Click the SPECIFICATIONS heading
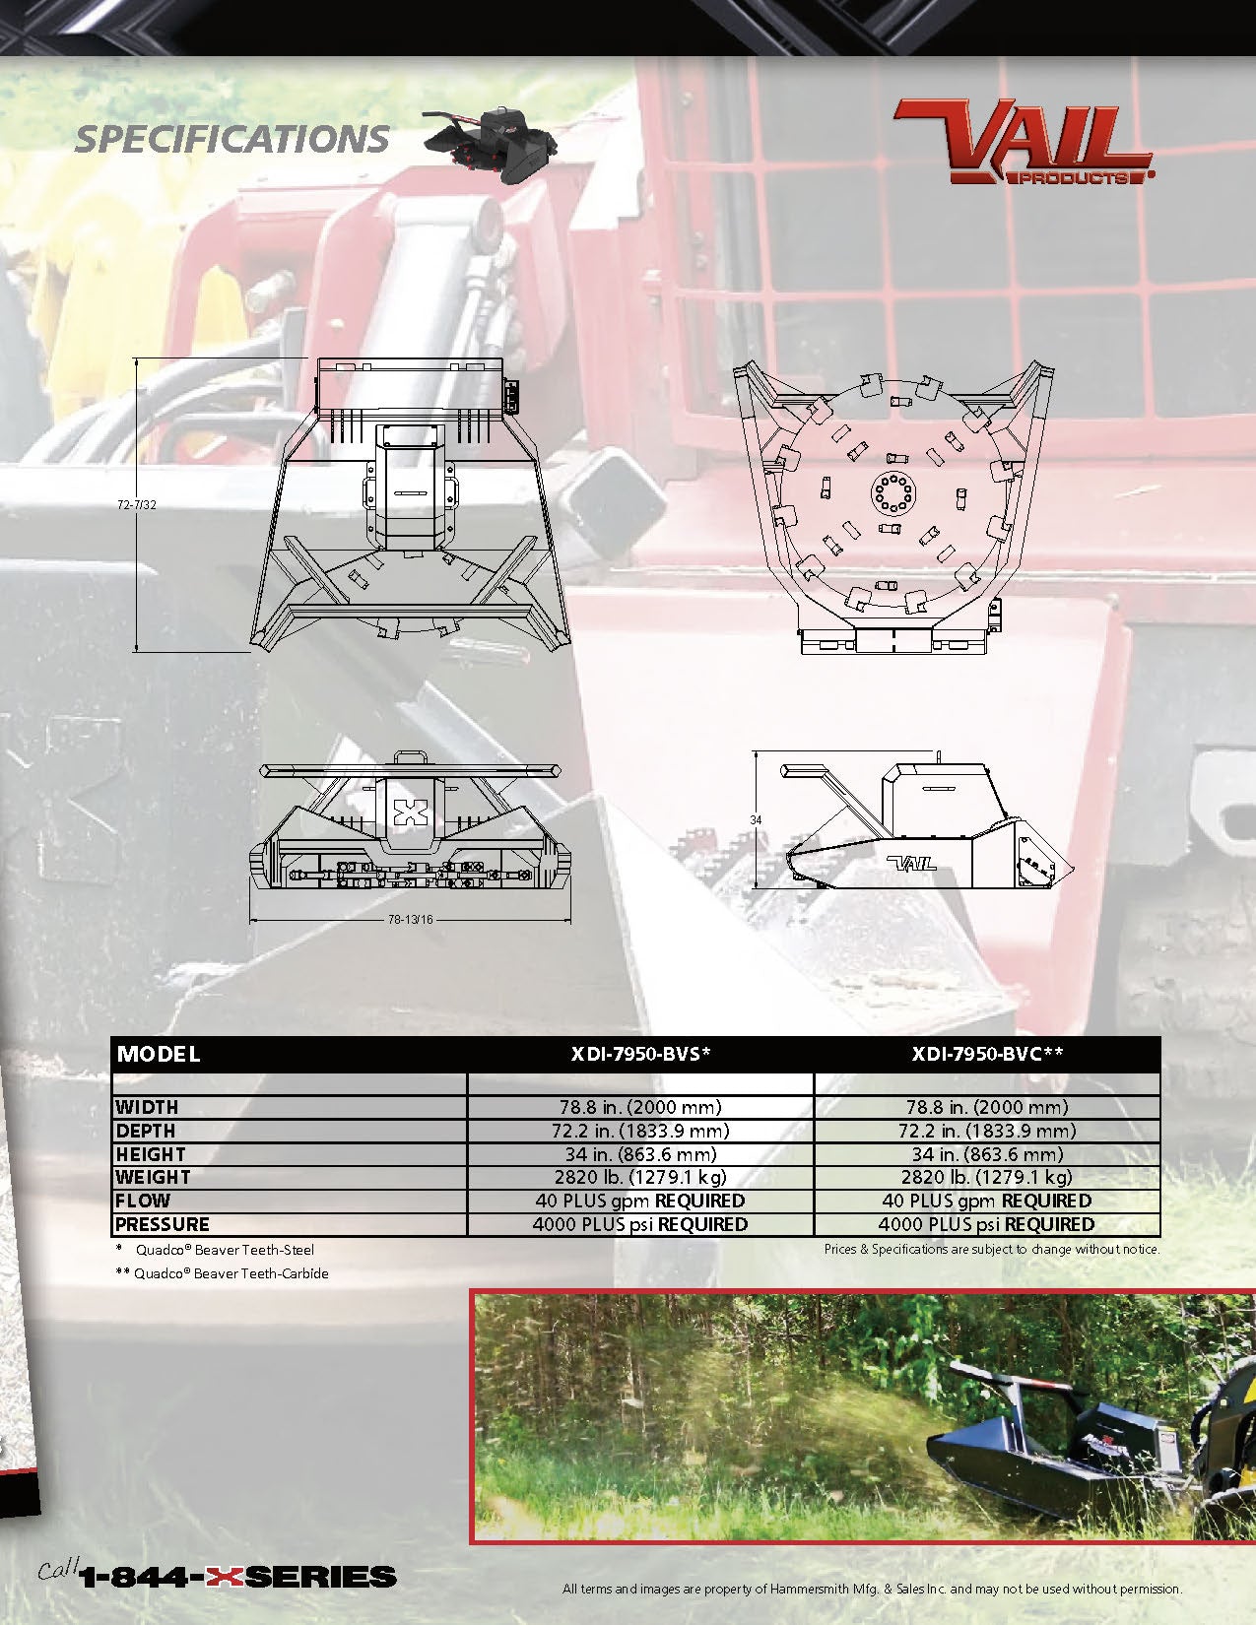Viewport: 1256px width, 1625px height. point(231,140)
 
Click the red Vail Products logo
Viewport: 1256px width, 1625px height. point(1024,142)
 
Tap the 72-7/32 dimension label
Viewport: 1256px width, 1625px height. point(137,505)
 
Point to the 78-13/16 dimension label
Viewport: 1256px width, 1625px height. point(410,919)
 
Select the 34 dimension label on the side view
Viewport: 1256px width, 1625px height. point(756,819)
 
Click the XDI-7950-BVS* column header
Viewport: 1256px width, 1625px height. point(640,1055)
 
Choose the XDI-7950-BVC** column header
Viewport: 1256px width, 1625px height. point(987,1055)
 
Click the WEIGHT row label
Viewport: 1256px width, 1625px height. point(153,1178)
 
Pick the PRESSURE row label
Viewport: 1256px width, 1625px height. point(163,1225)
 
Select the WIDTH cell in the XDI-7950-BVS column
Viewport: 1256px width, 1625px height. point(640,1107)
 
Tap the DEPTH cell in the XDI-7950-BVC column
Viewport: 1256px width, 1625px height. point(987,1131)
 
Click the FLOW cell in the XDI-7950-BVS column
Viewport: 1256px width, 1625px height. point(640,1201)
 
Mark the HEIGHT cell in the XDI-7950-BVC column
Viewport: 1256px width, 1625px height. point(987,1154)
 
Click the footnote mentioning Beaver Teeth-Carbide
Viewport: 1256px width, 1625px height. point(223,1273)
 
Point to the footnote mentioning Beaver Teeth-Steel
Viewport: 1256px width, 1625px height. point(216,1250)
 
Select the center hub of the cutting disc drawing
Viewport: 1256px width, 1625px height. point(893,493)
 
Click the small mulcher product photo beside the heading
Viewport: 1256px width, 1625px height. point(492,144)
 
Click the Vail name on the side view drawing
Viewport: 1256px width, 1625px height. point(912,864)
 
